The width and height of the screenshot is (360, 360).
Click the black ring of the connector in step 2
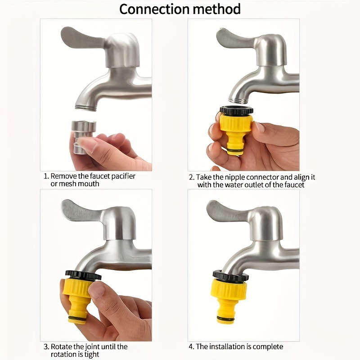pyautogui.click(x=236, y=110)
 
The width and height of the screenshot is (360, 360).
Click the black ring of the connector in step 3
pyautogui.click(x=83, y=275)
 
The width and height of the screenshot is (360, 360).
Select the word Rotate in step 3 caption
pyautogui.click(x=61, y=346)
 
